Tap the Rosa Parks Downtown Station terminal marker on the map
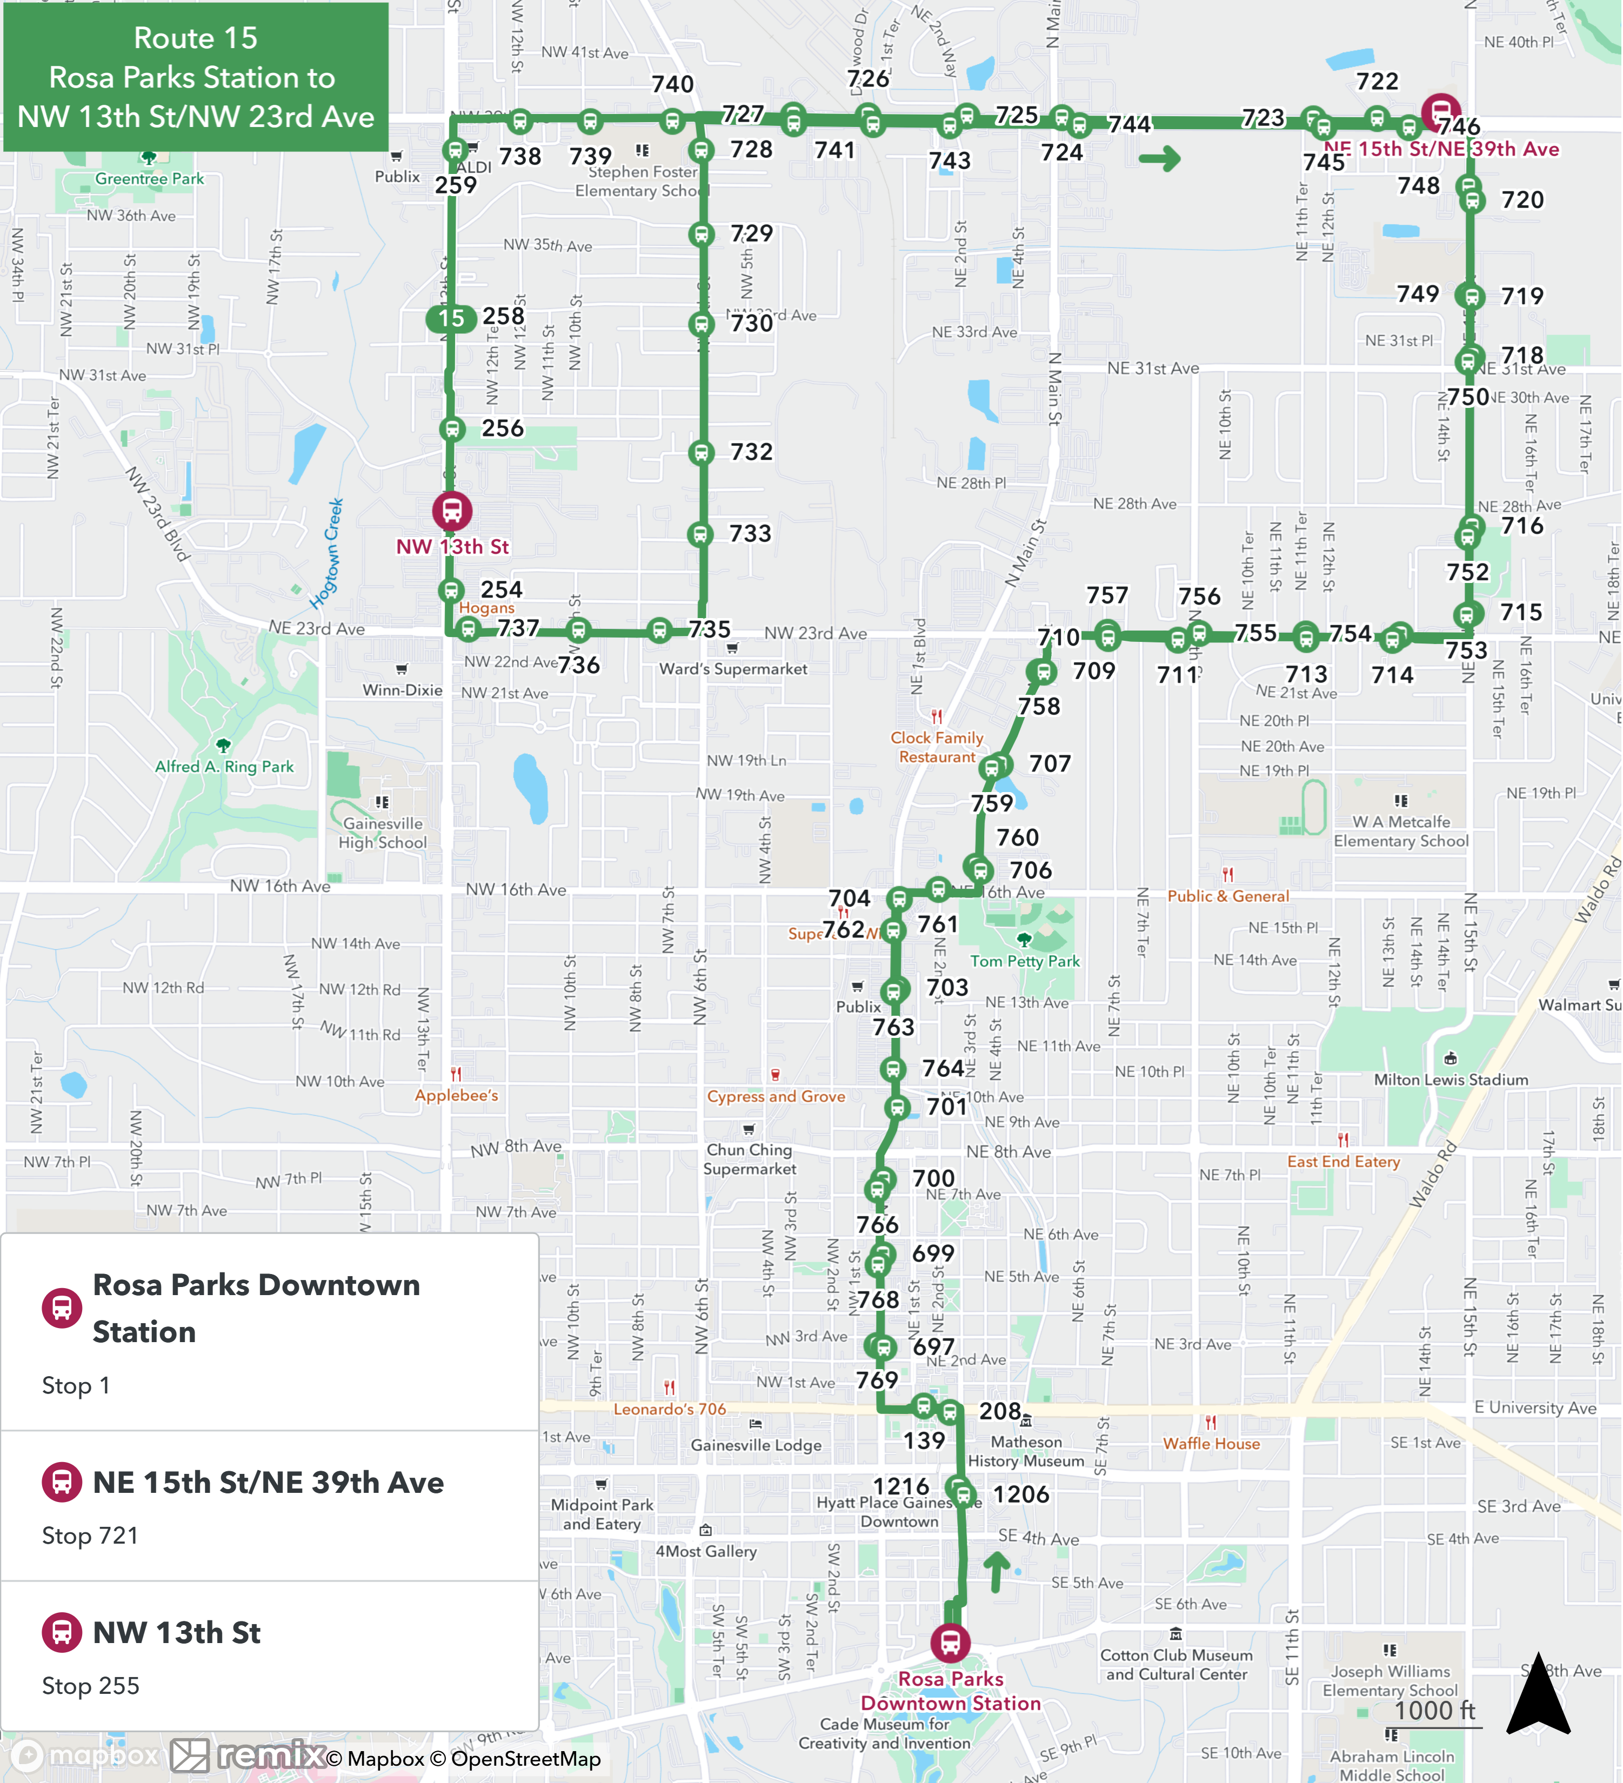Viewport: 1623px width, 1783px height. (x=950, y=1643)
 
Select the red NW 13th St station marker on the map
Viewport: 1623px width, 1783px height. (x=452, y=510)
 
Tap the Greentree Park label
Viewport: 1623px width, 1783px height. (x=150, y=179)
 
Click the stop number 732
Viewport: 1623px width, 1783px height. (x=751, y=452)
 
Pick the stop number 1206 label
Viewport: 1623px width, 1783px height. (x=1021, y=1494)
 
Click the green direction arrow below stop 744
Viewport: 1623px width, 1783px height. (x=1159, y=159)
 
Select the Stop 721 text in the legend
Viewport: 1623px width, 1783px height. (x=90, y=1536)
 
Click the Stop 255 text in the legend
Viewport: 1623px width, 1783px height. (x=90, y=1686)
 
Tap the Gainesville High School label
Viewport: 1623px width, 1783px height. (x=383, y=832)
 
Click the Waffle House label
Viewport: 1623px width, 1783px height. (x=1211, y=1443)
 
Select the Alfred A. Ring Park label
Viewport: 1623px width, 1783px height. (x=225, y=767)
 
